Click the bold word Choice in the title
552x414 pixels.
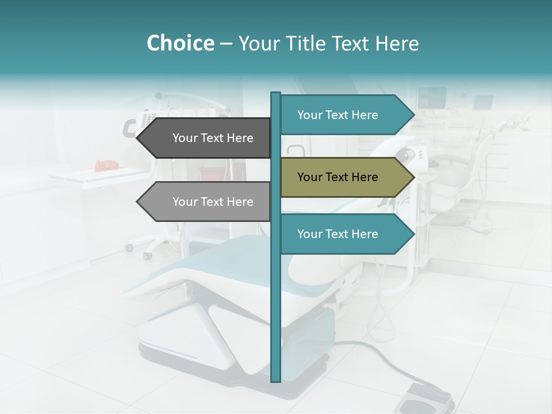[x=180, y=44]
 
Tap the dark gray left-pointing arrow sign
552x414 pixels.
[x=207, y=138]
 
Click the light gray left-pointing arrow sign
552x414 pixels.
[x=207, y=202]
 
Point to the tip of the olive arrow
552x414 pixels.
[x=413, y=177]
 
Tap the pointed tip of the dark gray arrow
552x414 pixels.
[x=138, y=138]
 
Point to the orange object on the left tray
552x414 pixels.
[x=106, y=165]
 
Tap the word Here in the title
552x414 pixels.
[x=397, y=44]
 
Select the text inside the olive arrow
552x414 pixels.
[x=338, y=177]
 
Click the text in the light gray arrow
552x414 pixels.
[x=213, y=202]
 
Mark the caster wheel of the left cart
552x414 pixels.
[x=130, y=248]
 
